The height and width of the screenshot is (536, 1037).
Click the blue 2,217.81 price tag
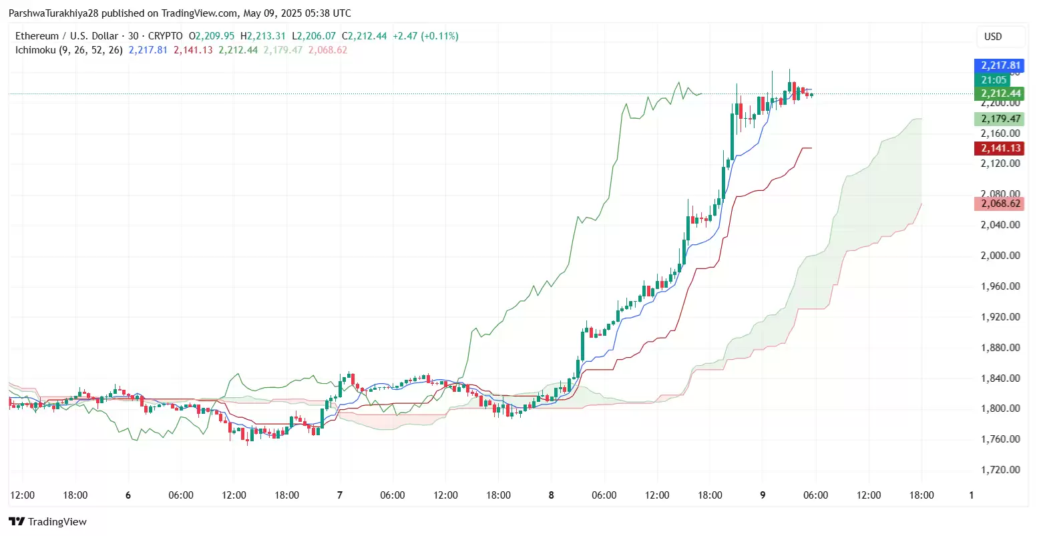pyautogui.click(x=1000, y=65)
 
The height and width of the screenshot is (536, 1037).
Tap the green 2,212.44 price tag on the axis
pyautogui.click(x=1000, y=93)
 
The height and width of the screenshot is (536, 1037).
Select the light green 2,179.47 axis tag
pyautogui.click(x=1000, y=119)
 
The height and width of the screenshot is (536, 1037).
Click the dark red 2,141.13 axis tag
pyautogui.click(x=1000, y=148)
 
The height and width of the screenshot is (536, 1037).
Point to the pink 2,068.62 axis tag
pyautogui.click(x=1000, y=204)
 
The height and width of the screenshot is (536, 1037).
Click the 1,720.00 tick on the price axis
pyautogui.click(x=1000, y=470)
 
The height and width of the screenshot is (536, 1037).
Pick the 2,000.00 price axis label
pyautogui.click(x=1000, y=256)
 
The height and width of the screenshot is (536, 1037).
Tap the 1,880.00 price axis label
pyautogui.click(x=1000, y=348)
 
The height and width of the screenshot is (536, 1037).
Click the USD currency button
pyautogui.click(x=993, y=37)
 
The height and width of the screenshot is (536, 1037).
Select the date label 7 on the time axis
pyautogui.click(x=340, y=495)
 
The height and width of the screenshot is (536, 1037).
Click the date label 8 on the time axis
pyautogui.click(x=552, y=495)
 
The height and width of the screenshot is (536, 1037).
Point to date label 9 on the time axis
pyautogui.click(x=763, y=495)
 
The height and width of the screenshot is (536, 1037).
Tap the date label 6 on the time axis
pyautogui.click(x=128, y=495)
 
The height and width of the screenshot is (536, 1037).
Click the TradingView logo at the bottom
pyautogui.click(x=48, y=522)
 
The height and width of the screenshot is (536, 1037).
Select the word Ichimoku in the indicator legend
pyautogui.click(x=35, y=50)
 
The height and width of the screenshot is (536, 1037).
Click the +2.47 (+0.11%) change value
pyautogui.click(x=425, y=36)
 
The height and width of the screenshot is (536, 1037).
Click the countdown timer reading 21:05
pyautogui.click(x=994, y=80)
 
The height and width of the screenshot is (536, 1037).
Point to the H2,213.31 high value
pyautogui.click(x=262, y=36)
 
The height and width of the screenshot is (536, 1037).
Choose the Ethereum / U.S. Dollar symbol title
pyautogui.click(x=67, y=36)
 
